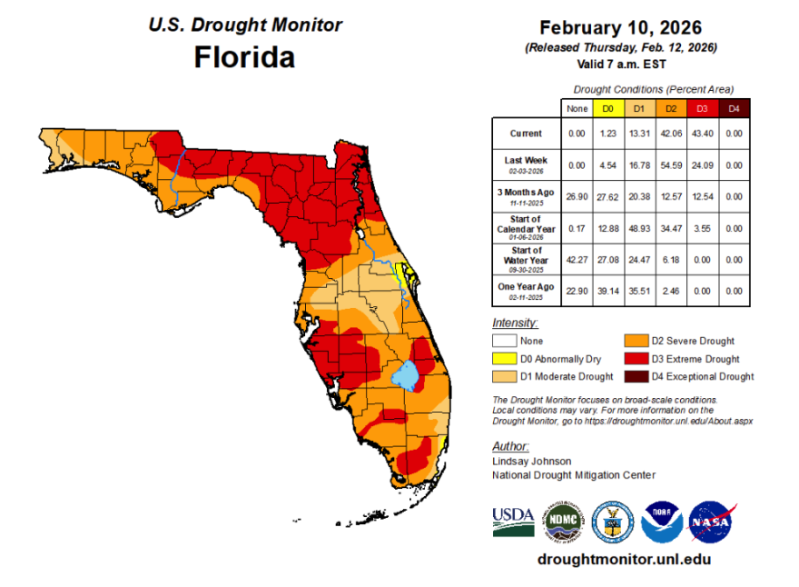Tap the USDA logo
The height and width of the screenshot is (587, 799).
tap(514, 521)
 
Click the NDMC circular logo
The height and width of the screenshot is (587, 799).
tap(563, 521)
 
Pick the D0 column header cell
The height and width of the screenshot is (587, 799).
tap(607, 109)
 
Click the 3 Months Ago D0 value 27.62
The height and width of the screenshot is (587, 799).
tap(607, 195)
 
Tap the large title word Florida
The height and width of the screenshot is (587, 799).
tap(244, 57)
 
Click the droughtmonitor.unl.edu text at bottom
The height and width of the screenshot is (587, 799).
tap(624, 559)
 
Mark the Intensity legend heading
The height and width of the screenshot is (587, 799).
tap(514, 323)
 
